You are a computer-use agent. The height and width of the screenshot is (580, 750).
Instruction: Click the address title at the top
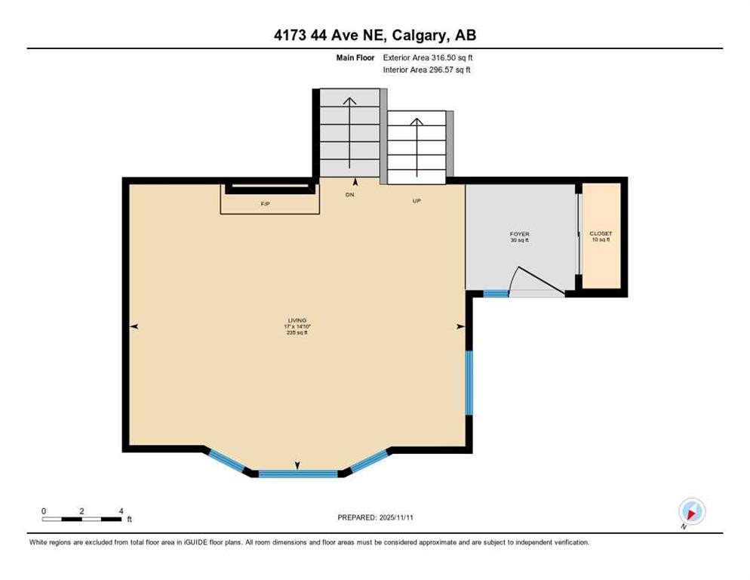click(374, 35)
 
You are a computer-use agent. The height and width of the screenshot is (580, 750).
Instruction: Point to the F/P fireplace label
click(266, 204)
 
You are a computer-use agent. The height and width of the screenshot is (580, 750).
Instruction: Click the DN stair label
click(349, 195)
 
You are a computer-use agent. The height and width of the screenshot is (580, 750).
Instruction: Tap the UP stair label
click(416, 201)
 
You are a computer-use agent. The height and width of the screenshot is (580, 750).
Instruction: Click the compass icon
click(691, 511)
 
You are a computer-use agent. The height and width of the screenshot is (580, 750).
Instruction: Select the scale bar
click(82, 519)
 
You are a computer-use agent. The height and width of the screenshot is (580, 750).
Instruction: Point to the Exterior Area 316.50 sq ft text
click(429, 57)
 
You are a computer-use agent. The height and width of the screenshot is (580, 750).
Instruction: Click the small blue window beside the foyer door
click(496, 294)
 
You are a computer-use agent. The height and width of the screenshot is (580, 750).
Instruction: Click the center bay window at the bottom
click(297, 474)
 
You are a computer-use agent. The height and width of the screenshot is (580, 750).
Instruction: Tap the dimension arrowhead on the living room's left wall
click(134, 326)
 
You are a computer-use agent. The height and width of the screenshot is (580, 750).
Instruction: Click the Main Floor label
click(356, 57)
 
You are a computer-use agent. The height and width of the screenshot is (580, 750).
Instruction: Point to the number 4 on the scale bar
click(121, 511)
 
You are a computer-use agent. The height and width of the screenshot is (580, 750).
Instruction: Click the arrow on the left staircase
click(349, 132)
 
